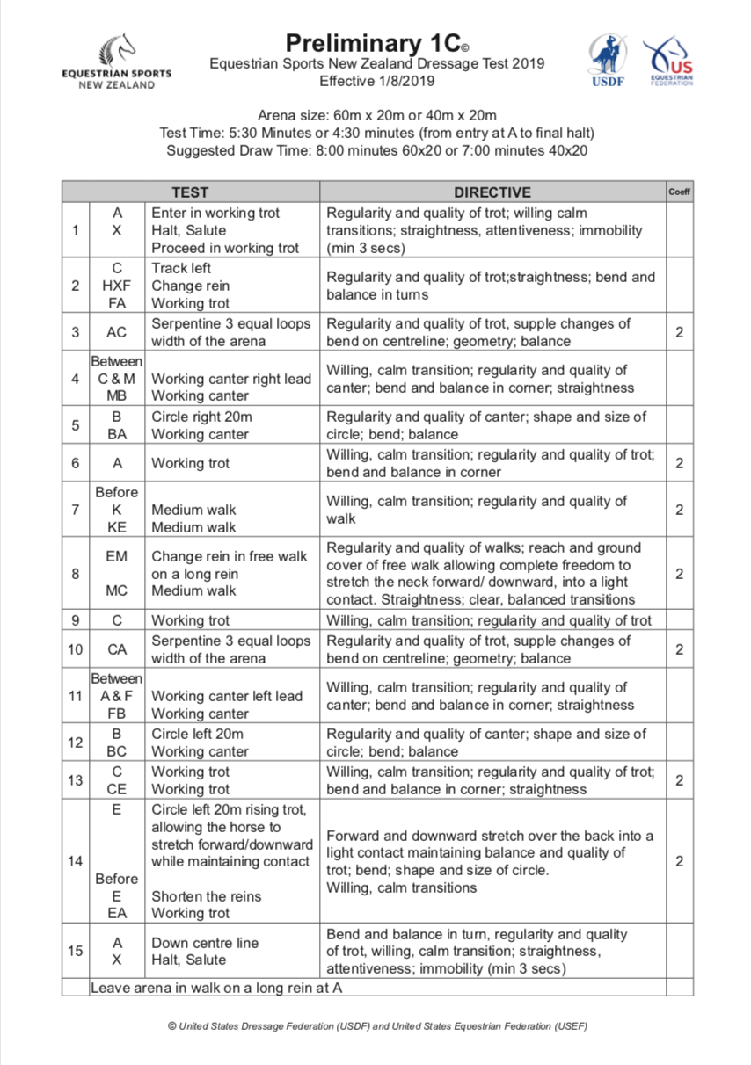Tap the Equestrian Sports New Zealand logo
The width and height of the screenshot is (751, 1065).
coord(117,61)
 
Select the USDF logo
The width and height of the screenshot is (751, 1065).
coord(607,60)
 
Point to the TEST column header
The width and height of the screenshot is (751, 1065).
coord(190,192)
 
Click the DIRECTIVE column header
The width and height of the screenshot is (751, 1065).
coord(492,192)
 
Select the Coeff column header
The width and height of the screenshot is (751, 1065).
coord(679,192)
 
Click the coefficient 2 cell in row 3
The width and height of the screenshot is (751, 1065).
coord(679,332)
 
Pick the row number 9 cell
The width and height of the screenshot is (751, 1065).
coord(76,620)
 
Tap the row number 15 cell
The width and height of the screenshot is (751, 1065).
coord(76,951)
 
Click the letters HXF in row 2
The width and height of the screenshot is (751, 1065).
coord(117,286)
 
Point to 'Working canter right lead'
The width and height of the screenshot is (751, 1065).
coord(231,379)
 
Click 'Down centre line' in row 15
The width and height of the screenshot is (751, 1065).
coord(205,943)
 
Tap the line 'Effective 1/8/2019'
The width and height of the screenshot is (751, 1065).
coord(376,81)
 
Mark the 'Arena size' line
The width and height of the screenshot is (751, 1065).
coord(376,115)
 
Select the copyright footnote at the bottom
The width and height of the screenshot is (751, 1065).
coord(376,1025)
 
